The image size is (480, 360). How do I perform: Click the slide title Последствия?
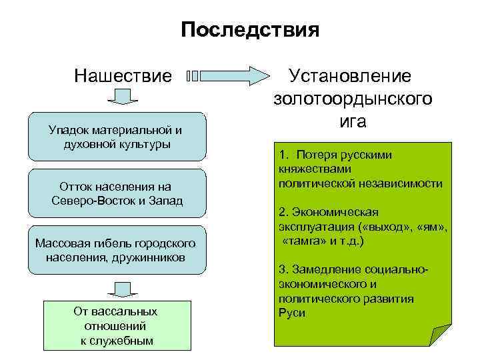pyautogui.click(x=250, y=31)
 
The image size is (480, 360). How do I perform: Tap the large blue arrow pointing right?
pyautogui.click(x=227, y=75)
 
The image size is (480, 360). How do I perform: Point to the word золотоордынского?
pyautogui.click(x=353, y=99)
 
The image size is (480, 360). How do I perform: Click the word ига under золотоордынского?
pyautogui.click(x=353, y=122)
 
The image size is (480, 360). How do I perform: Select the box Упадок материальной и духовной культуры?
pyautogui.click(x=115, y=137)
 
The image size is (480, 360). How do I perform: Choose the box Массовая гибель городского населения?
pyautogui.click(x=115, y=249)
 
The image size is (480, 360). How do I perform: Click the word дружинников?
pyautogui.click(x=150, y=257)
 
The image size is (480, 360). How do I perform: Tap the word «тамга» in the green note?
pyautogui.click(x=303, y=241)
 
